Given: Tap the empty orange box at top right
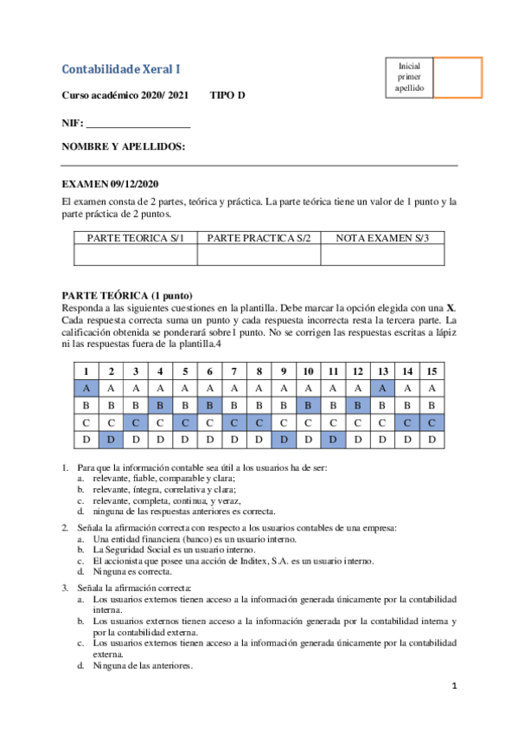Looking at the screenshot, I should [457, 78].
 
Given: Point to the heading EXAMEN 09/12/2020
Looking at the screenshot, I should [110, 184].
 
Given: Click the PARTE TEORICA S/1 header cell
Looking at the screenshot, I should [136, 237].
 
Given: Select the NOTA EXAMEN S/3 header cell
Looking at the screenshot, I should [382, 237].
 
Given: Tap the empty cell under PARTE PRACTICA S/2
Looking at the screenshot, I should [259, 254].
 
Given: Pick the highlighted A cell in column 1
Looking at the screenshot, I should [86, 389].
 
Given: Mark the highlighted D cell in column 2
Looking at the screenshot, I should [111, 440].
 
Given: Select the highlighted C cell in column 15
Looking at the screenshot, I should [432, 422].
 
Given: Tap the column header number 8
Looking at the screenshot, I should [259, 371].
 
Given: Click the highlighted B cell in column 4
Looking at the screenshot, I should [160, 406].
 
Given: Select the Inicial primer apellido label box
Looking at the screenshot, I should [410, 77].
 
